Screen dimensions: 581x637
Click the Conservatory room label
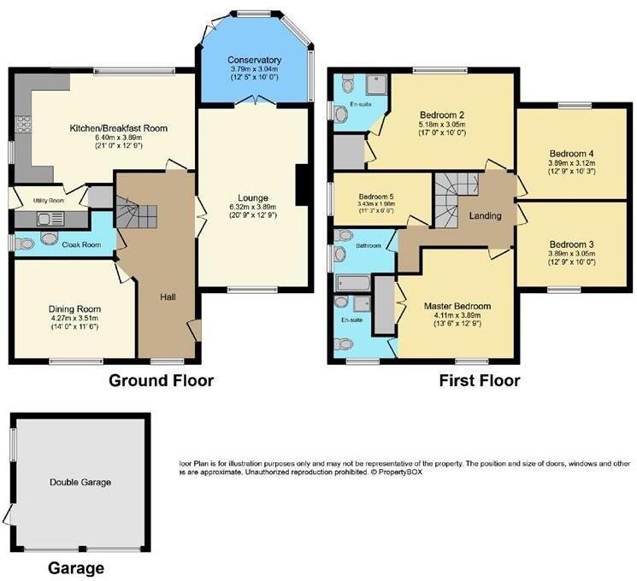pyautogui.click(x=255, y=60)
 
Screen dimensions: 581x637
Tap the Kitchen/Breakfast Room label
pyautogui.click(x=118, y=129)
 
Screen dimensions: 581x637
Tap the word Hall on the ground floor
pyautogui.click(x=168, y=297)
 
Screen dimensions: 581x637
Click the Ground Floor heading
pyautogui.click(x=161, y=380)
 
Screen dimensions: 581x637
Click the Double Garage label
pyautogui.click(x=80, y=483)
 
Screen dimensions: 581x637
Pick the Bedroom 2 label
pyautogui.click(x=442, y=114)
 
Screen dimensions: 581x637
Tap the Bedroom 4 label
pyautogui.click(x=571, y=155)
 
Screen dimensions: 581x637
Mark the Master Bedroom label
pyautogui.click(x=457, y=305)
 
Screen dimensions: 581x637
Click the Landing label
pyautogui.click(x=485, y=216)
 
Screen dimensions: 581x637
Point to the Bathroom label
pyautogui.click(x=370, y=245)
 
